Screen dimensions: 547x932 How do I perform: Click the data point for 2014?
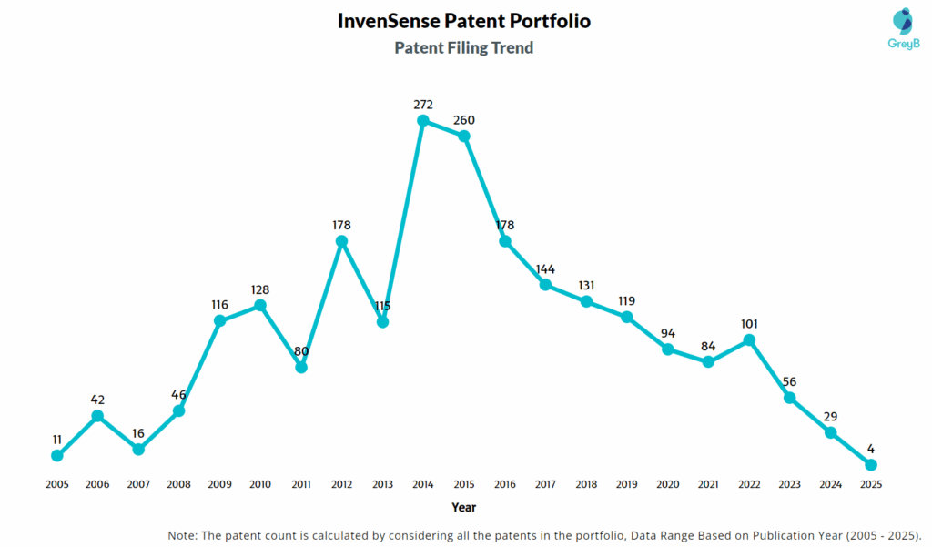pos(423,120)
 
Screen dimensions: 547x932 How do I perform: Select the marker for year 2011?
pos(301,367)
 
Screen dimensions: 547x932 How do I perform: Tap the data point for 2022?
pos(749,340)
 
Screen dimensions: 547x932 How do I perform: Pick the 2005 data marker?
pos(57,455)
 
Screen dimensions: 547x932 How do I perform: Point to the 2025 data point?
pos(871,465)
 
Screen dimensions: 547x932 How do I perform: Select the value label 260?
pos(464,119)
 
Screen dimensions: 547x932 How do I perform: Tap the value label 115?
pos(382,306)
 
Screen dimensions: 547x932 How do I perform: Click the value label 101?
pos(749,323)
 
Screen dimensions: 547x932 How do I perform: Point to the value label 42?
pos(97,400)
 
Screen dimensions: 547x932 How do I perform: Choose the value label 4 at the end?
pos(871,449)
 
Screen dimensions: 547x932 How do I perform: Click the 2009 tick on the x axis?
pos(219,484)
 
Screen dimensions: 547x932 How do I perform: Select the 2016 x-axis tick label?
pos(505,484)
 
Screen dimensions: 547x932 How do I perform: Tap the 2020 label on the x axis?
pos(667,484)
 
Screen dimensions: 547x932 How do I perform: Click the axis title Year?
pos(463,507)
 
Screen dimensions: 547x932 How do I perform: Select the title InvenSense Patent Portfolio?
pos(463,20)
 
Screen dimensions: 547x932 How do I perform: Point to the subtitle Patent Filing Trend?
pos(463,47)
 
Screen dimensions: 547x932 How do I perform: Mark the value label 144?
pos(545,268)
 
